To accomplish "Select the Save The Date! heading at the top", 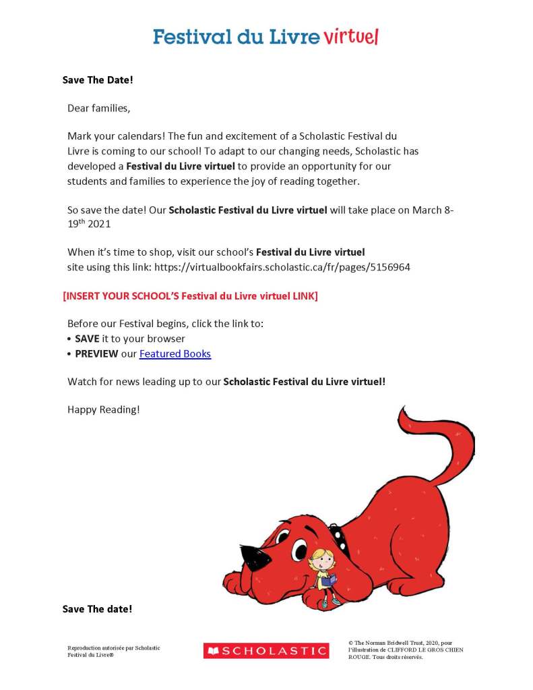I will (98, 80).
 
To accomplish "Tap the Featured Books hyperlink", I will (175, 353).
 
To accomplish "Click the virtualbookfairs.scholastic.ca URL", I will (282, 267).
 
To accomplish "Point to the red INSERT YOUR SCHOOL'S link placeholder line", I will (190, 296).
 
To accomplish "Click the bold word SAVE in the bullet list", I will (87, 339).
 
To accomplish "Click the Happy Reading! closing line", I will (103, 409).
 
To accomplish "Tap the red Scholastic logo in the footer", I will (265, 651).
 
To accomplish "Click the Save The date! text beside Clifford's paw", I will (97, 609).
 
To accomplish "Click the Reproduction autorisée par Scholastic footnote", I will (113, 651).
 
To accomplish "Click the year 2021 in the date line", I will (98, 223).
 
